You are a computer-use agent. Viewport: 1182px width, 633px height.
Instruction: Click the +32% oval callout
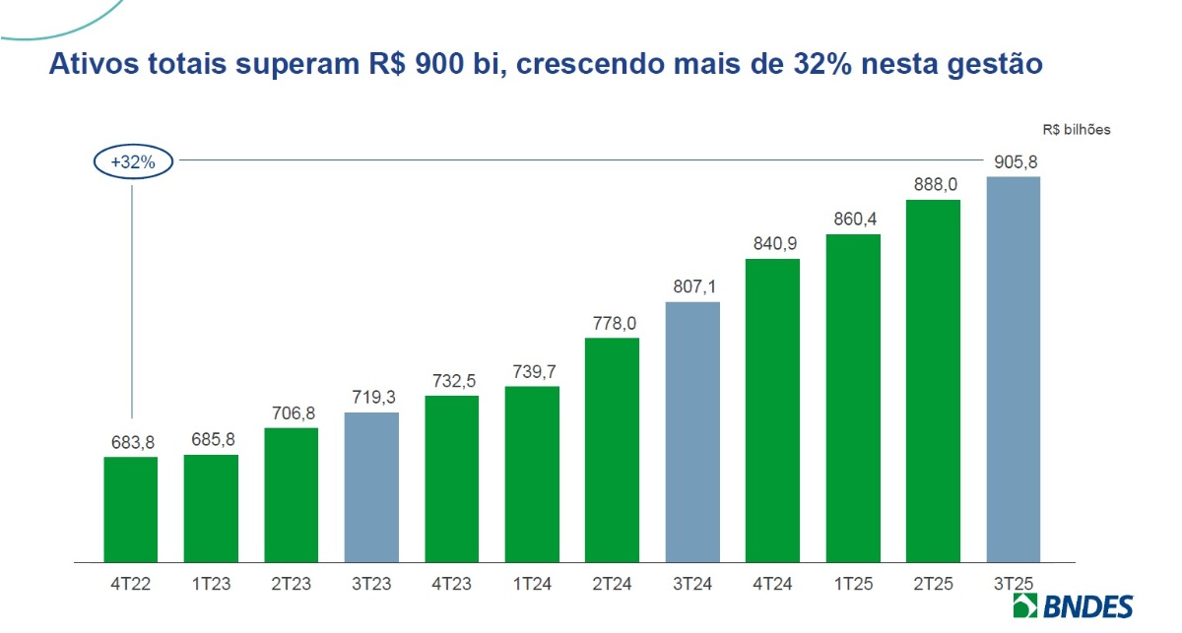(x=133, y=162)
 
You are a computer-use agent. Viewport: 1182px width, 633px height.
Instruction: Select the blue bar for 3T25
(x=1013, y=369)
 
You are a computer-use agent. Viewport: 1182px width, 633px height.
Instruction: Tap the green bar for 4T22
(x=130, y=510)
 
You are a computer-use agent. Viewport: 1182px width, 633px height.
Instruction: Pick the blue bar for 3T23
(x=371, y=487)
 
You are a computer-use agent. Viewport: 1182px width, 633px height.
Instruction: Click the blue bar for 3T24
(x=692, y=432)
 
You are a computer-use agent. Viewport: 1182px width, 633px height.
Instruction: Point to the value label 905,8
(x=1014, y=162)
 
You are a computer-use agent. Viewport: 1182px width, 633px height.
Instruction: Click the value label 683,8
(x=130, y=442)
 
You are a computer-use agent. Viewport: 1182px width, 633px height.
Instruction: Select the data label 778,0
(x=612, y=323)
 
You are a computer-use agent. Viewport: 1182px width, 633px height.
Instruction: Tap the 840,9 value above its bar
(x=772, y=243)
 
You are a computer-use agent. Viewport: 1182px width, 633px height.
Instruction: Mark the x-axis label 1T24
(x=532, y=583)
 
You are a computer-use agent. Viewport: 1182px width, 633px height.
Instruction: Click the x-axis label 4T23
(x=451, y=583)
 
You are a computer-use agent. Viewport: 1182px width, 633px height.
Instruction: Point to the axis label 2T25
(x=933, y=583)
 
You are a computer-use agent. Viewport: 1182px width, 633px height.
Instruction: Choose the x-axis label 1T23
(x=211, y=583)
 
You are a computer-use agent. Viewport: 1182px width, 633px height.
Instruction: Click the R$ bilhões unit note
(x=1077, y=129)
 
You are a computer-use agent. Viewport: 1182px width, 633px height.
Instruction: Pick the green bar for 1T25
(x=853, y=399)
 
